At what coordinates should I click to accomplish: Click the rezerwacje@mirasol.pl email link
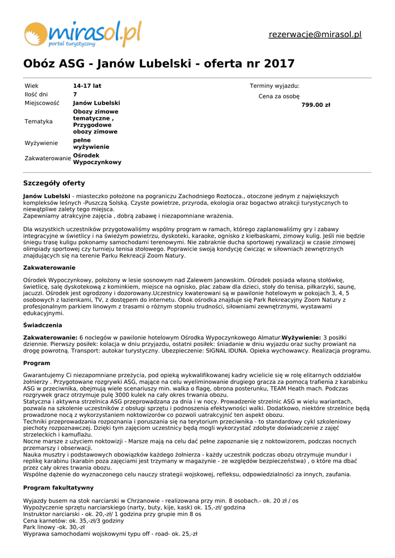315,34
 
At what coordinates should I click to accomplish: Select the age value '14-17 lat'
87,86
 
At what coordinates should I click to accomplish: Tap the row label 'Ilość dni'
36,94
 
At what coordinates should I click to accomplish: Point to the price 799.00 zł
316,105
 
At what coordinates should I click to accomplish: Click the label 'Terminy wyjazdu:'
274,86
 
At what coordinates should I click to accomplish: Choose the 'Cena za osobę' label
279,96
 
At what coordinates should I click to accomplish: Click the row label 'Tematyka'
39,122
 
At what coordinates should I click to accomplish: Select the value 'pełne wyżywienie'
91,143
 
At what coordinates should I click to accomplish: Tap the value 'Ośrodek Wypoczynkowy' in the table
97,159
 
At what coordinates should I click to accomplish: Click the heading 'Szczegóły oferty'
54,183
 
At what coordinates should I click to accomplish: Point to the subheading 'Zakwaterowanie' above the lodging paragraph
49,268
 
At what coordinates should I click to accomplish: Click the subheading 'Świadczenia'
43,325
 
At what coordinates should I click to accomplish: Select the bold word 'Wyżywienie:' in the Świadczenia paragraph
302,338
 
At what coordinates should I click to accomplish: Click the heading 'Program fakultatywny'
58,488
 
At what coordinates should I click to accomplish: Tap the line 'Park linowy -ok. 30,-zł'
54,527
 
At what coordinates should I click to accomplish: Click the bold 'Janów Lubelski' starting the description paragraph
46,196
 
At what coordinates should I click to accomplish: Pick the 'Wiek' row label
32,86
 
